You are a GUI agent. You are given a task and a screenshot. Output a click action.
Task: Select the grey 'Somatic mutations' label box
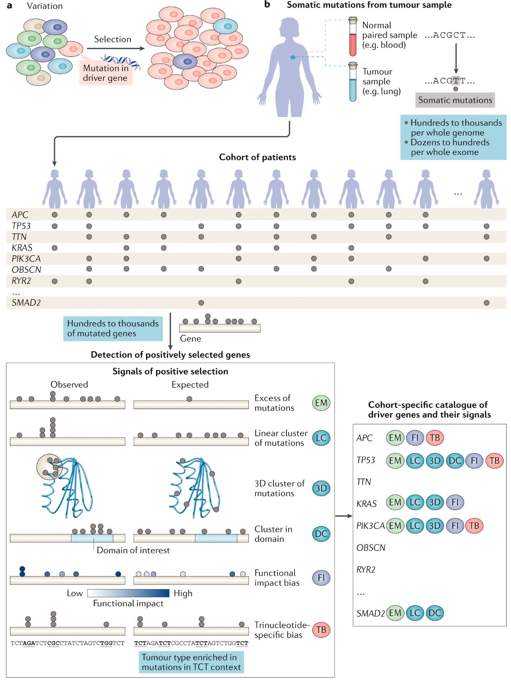455,100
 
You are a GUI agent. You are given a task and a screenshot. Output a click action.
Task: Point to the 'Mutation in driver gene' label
106,73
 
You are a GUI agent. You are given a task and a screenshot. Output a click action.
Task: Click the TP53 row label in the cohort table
21,226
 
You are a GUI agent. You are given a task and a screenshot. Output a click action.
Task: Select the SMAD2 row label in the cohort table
26,303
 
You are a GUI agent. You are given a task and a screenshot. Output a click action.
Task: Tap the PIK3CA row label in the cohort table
26,259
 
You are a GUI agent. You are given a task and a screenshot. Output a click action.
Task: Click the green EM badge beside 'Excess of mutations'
321,403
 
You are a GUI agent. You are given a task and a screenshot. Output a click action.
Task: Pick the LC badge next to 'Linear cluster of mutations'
321,438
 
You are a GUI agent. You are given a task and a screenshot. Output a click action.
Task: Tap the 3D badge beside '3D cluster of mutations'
321,488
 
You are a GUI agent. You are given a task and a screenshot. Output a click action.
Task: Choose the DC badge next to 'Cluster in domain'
321,534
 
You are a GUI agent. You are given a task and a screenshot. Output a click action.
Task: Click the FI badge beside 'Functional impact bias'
321,578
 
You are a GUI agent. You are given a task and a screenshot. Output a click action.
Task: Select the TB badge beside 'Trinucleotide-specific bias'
321,629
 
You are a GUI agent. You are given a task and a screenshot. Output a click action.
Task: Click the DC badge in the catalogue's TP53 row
455,461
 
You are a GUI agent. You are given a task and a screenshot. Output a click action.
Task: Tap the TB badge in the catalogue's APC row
435,438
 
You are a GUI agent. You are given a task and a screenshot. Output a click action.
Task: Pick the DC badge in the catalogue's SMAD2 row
435,613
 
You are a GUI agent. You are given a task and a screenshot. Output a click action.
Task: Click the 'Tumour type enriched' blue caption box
191,662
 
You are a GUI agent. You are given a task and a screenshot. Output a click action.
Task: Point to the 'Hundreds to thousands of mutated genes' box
113,328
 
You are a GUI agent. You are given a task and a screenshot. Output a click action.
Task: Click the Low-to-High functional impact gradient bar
128,593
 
